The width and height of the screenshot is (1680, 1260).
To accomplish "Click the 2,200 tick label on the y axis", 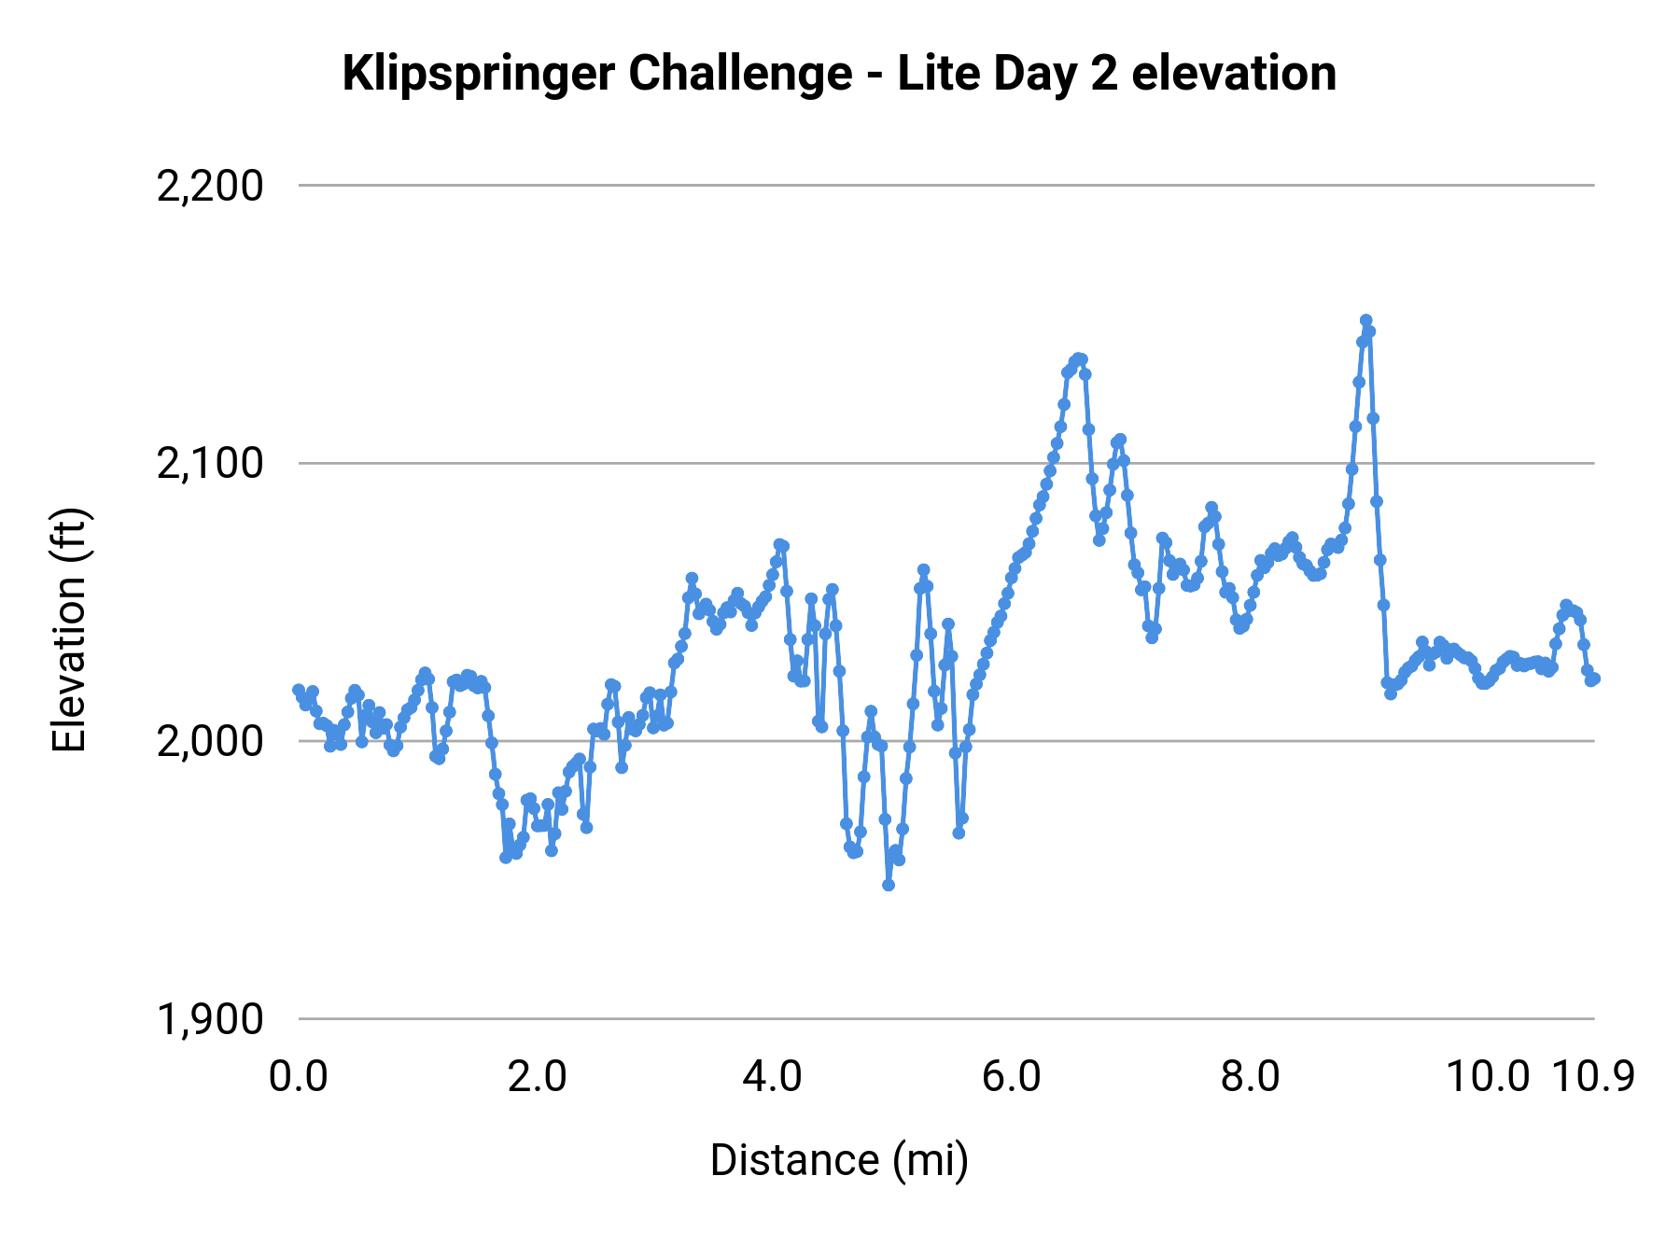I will (210, 187).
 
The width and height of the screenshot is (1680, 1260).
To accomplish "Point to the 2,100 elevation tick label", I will (210, 464).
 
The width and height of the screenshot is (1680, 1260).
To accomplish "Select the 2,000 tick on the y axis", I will (210, 742).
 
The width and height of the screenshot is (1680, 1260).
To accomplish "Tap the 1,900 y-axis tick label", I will (210, 1019).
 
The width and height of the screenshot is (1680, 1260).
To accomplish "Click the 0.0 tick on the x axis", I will (299, 1077).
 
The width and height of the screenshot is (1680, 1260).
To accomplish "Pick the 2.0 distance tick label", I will (537, 1077).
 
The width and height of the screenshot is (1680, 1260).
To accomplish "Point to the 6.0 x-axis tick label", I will (1012, 1077).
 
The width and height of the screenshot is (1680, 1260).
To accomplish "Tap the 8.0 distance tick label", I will (1251, 1077).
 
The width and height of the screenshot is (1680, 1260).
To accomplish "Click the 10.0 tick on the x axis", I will (1488, 1077).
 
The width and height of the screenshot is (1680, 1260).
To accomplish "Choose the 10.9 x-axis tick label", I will (1593, 1077).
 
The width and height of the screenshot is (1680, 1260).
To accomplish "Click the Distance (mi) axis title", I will (839, 1160).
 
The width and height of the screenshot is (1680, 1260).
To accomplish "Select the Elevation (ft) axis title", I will (69, 630).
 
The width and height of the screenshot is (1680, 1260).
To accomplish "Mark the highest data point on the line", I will (1365, 320).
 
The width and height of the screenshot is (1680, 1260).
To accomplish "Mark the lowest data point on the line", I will (889, 885).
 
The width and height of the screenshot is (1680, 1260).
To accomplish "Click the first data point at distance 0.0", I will (299, 690).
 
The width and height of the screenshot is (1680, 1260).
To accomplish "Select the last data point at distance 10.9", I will (1594, 679).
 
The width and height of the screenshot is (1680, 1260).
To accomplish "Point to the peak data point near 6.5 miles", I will (1078, 358).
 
